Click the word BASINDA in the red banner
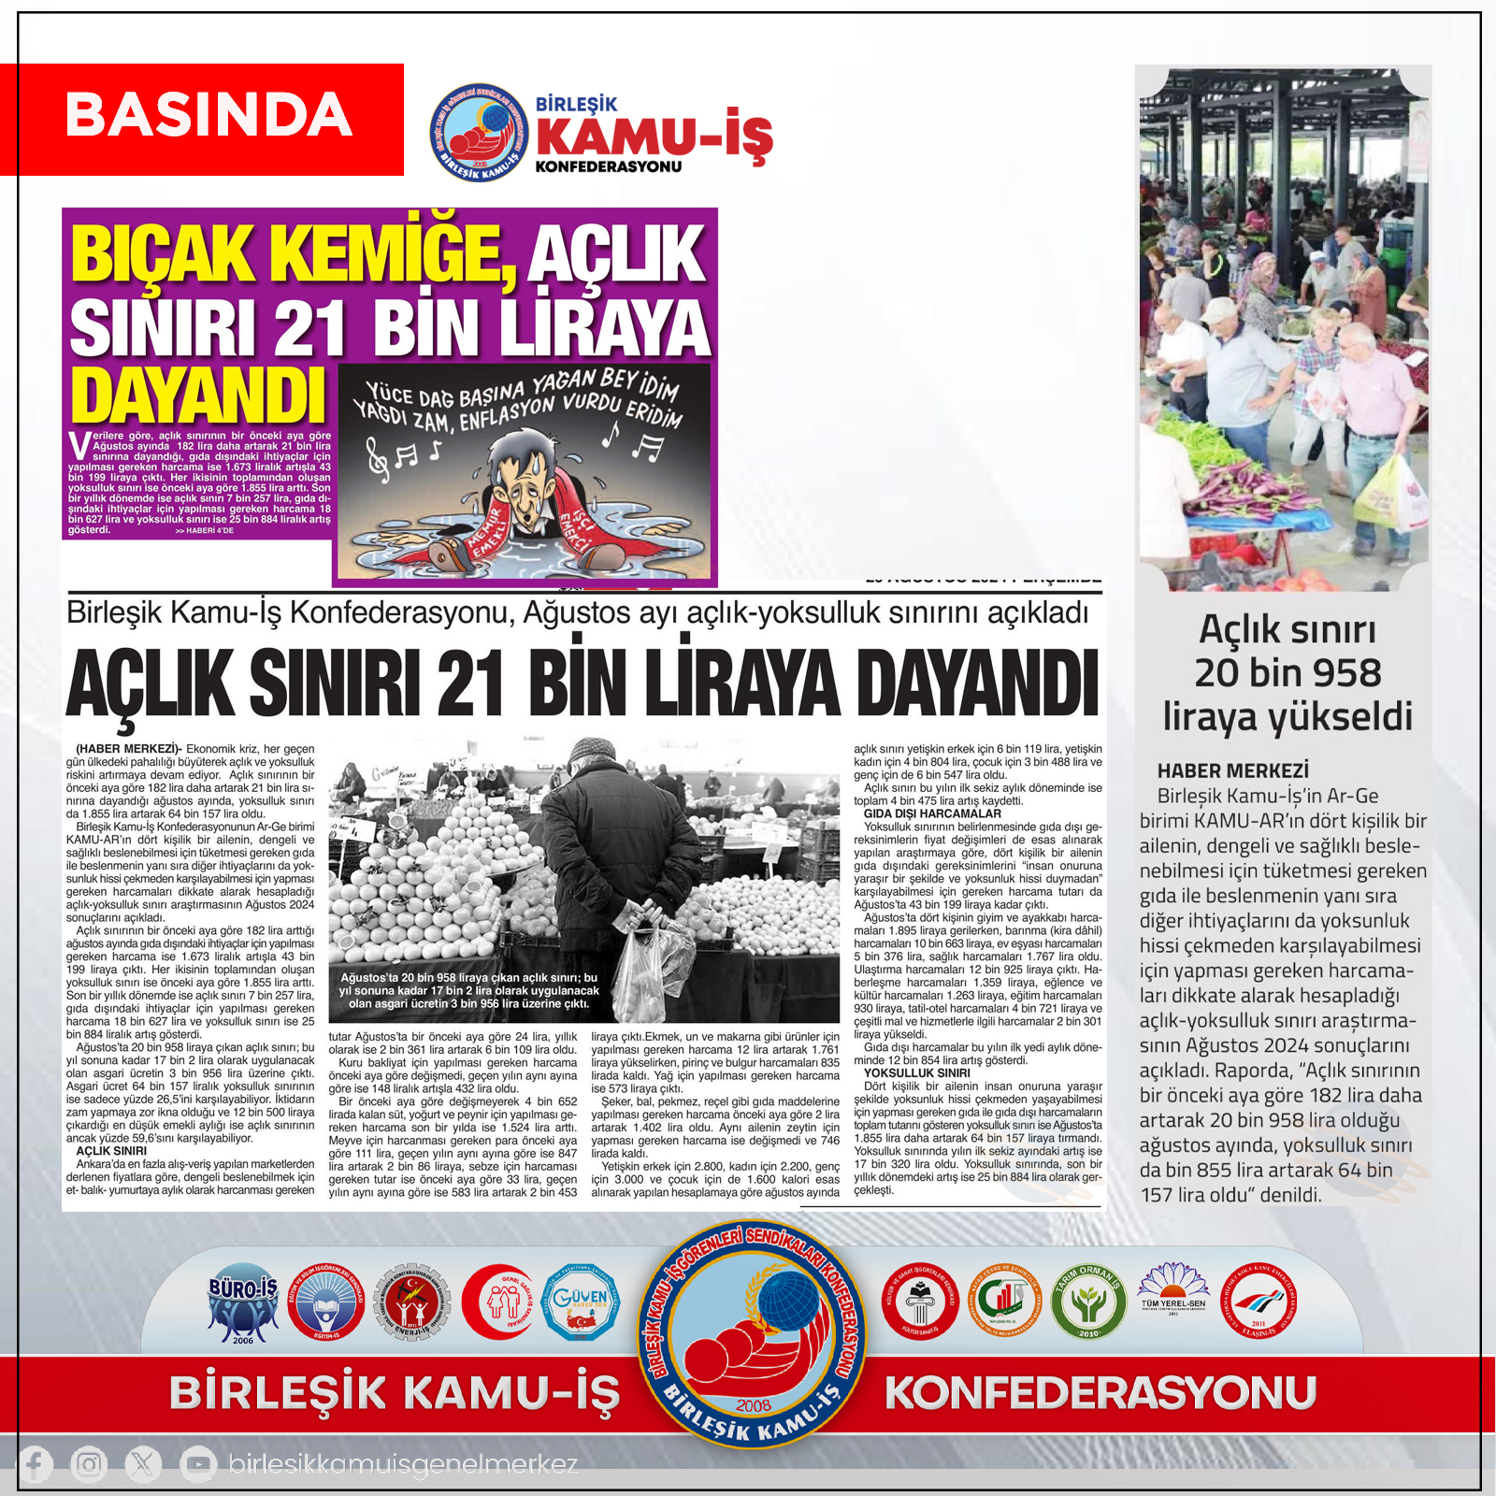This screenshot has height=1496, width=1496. point(209,116)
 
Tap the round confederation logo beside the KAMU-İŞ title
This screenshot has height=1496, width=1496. point(478,132)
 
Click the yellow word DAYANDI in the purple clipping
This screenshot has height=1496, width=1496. point(198,396)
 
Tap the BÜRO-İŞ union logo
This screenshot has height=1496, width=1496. point(243,1303)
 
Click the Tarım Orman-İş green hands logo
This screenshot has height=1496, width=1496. point(1088,1301)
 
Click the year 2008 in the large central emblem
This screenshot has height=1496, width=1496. point(754,1406)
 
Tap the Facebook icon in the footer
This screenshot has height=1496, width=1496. point(36,1463)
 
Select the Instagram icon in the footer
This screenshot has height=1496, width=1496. point(89,1463)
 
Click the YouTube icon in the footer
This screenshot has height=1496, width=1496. point(196,1463)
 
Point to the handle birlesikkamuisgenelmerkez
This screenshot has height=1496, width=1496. point(403,1464)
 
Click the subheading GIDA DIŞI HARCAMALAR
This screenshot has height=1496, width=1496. point(932,813)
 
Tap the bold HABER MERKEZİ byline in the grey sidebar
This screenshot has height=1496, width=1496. point(1232,771)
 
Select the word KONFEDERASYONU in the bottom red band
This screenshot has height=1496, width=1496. point(1100,1393)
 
